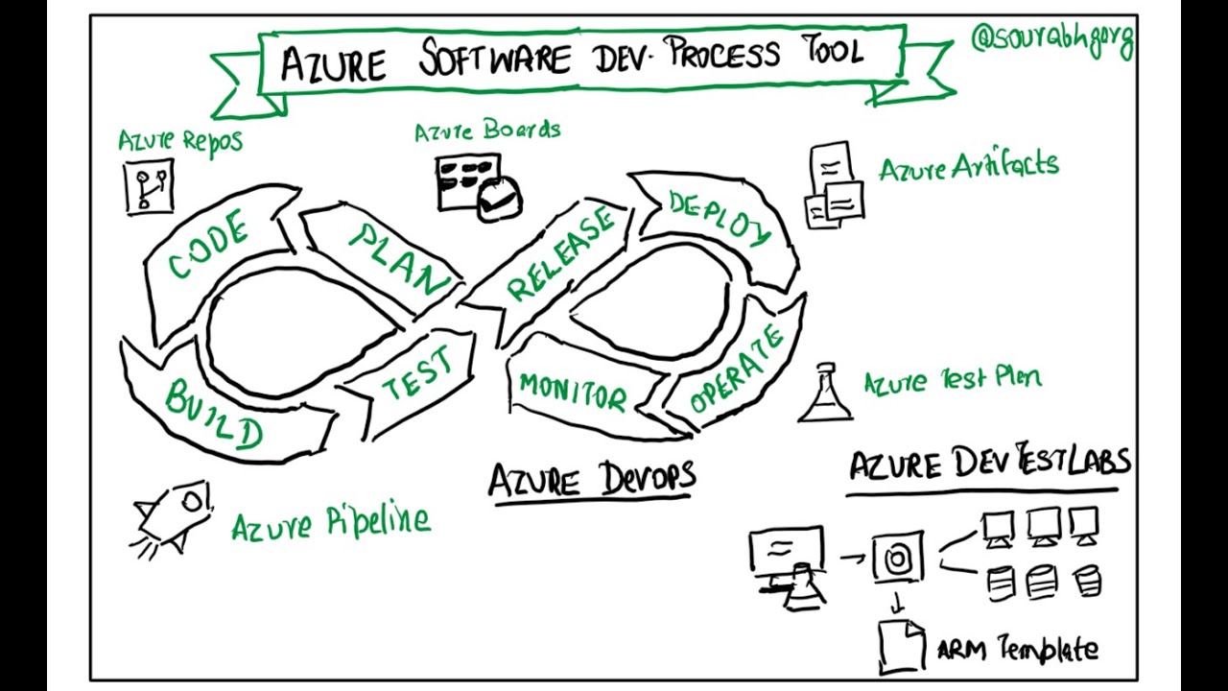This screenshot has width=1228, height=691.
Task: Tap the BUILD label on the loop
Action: pyautogui.click(x=213, y=414)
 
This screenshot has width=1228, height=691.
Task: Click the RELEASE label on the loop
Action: pyautogui.click(x=560, y=254)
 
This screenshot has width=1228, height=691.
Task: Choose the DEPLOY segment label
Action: pyautogui.click(x=720, y=219)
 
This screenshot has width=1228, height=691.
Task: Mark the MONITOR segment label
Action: pyautogui.click(x=573, y=392)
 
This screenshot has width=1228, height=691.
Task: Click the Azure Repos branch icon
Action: pyautogui.click(x=150, y=187)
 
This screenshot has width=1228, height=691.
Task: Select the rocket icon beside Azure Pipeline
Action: pyautogui.click(x=173, y=518)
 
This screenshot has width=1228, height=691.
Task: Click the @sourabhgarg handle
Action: pyautogui.click(x=1052, y=40)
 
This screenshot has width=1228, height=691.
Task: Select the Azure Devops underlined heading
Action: pyautogui.click(x=592, y=478)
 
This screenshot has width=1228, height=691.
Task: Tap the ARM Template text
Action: pyautogui.click(x=1017, y=650)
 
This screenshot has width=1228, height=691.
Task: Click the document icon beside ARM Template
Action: pyautogui.click(x=901, y=645)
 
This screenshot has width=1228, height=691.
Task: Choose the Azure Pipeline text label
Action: pyautogui.click(x=331, y=523)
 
